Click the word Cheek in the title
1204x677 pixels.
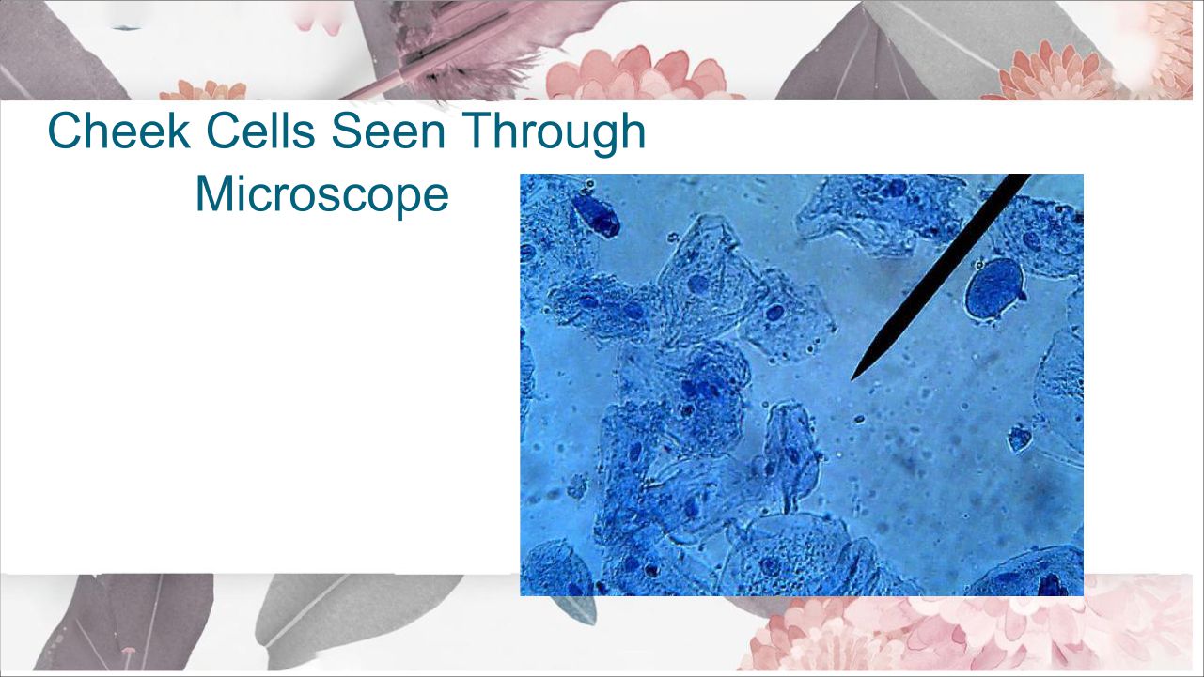point(118,131)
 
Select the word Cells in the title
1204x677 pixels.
point(260,131)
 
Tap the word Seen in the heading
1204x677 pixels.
point(388,131)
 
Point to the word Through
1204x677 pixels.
point(553,133)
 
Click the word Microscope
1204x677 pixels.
point(322,193)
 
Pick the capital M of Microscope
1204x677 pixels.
point(214,192)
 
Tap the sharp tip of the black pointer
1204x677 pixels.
point(852,380)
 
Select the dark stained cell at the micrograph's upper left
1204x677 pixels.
point(596,216)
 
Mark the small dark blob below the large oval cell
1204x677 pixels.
point(1019,439)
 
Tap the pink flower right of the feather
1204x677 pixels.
point(640,75)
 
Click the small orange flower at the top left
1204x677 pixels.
point(204,90)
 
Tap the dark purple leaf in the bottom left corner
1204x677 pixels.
point(129,623)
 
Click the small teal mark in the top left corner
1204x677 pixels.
point(127,27)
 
